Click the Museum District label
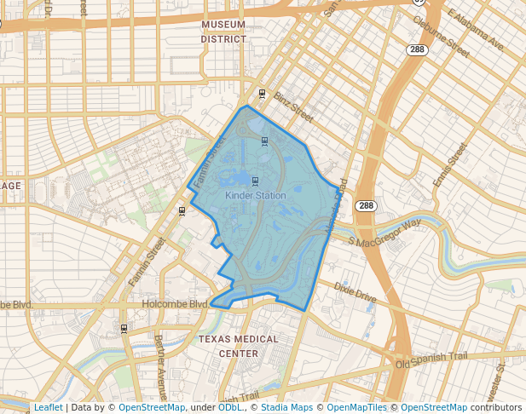coord(223,32)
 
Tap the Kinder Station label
coord(255,195)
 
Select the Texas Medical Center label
coord(238,346)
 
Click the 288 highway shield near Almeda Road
coord(366,206)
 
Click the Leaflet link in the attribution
coord(48,407)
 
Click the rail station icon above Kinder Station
coord(255,181)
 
